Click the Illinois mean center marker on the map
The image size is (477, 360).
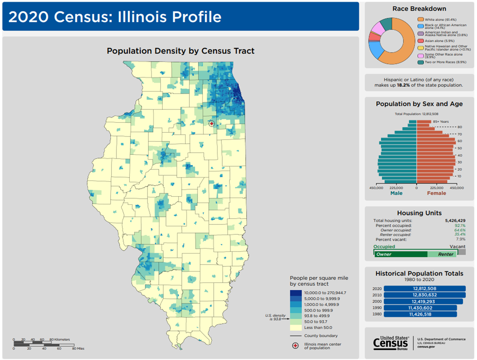212,123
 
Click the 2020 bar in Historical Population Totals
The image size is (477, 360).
425,288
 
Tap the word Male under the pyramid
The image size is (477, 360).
396,193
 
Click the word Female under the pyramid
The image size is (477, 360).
436,193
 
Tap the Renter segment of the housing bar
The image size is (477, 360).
441,254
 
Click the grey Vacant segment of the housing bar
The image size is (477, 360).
461,252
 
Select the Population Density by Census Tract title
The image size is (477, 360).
180,51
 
